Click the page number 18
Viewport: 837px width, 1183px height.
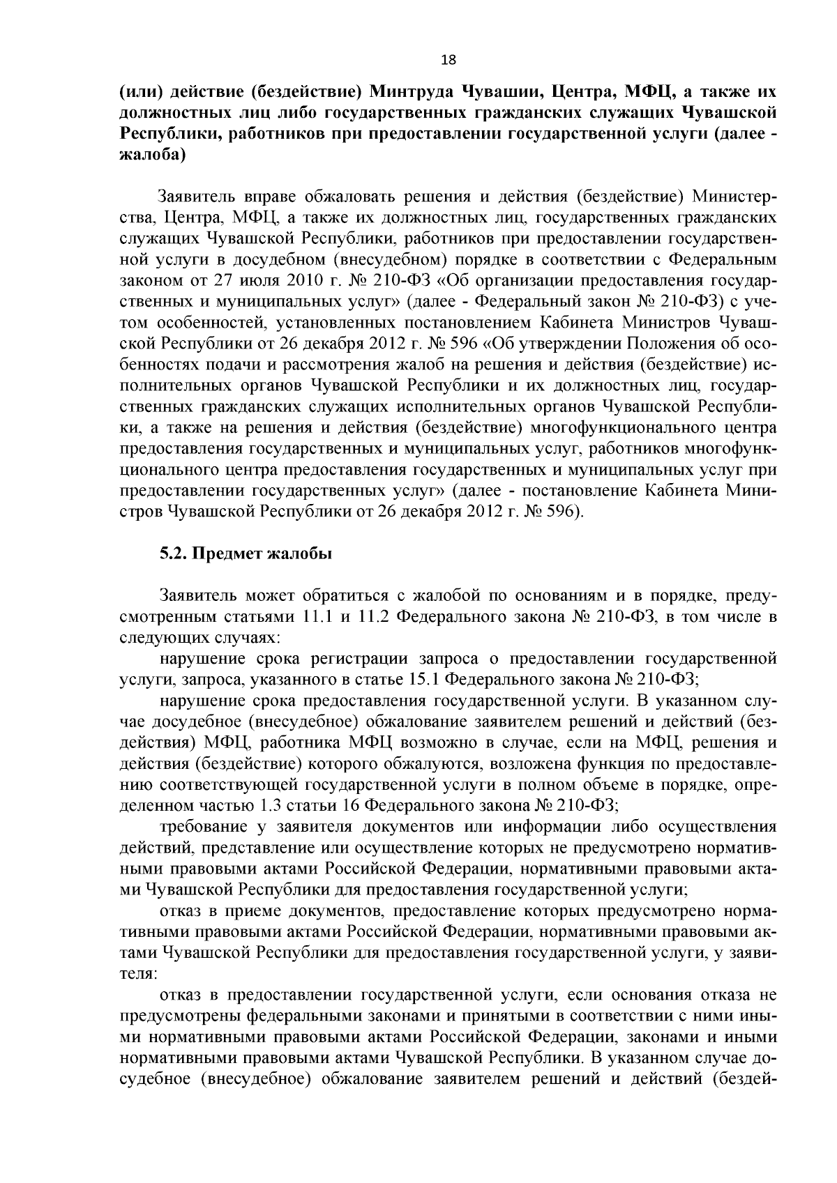pos(448,60)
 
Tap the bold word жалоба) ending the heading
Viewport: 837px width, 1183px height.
pos(152,155)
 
